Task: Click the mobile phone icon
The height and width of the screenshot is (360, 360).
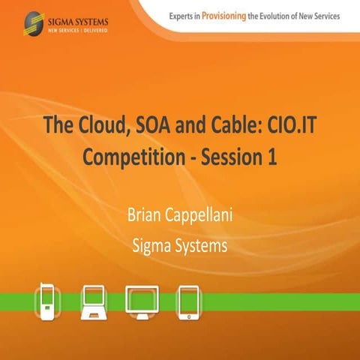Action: tap(47, 301)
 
